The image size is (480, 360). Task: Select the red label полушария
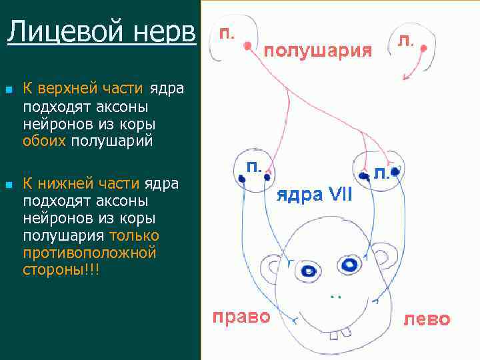click(x=319, y=51)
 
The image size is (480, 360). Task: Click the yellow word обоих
click(x=44, y=141)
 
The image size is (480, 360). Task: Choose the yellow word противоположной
click(x=89, y=253)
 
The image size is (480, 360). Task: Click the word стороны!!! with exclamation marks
click(x=60, y=270)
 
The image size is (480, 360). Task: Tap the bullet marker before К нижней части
click(x=8, y=185)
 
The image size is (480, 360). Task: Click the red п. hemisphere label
click(x=227, y=33)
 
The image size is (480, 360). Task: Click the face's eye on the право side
click(x=308, y=271)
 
